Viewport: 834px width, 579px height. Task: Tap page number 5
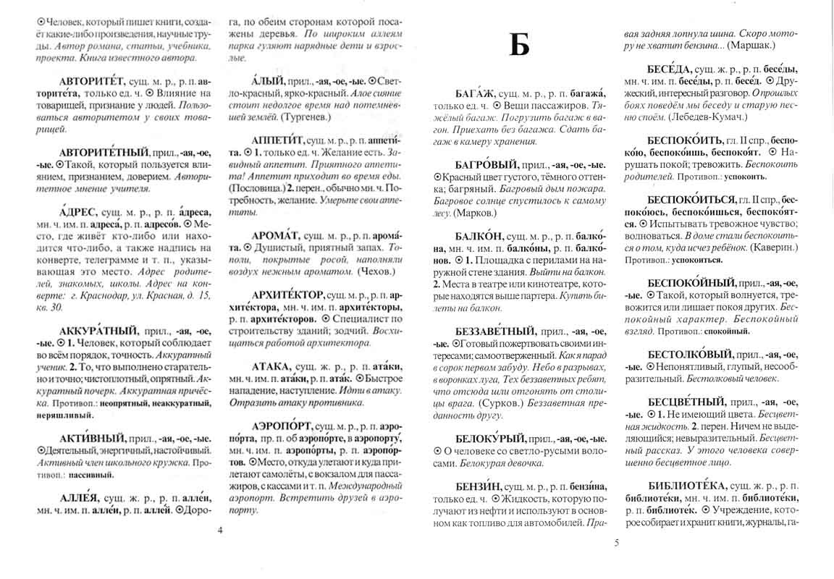615,541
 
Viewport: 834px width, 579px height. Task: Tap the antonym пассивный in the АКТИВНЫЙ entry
92,476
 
